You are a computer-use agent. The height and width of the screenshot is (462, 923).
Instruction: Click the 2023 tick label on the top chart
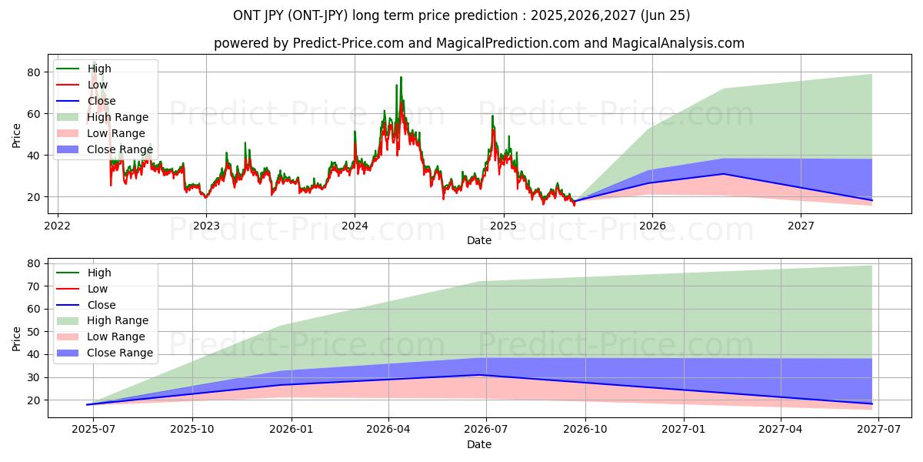coord(206,226)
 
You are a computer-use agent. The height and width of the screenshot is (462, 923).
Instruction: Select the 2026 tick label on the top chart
coord(652,226)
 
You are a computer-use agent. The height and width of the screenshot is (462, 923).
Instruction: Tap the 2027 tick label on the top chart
coord(801,226)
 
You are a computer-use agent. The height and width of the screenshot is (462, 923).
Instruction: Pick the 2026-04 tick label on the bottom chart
coord(388,430)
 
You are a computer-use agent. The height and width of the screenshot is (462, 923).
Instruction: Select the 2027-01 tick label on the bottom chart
coord(683,430)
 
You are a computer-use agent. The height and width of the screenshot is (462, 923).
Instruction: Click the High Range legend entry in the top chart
coord(118,117)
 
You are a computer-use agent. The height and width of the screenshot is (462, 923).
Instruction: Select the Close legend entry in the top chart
coord(102,101)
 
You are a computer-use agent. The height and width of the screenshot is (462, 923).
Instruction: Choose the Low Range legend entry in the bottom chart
coord(116,336)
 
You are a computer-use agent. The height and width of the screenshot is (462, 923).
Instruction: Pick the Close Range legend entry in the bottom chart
coord(120,353)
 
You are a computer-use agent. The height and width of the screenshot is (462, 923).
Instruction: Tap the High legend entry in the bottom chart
coord(99,273)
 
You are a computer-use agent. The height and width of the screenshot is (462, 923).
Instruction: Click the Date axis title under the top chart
coord(478,240)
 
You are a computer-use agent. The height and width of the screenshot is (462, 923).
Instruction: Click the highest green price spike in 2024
coord(401,78)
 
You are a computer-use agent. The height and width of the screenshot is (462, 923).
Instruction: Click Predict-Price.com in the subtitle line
coord(348,43)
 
